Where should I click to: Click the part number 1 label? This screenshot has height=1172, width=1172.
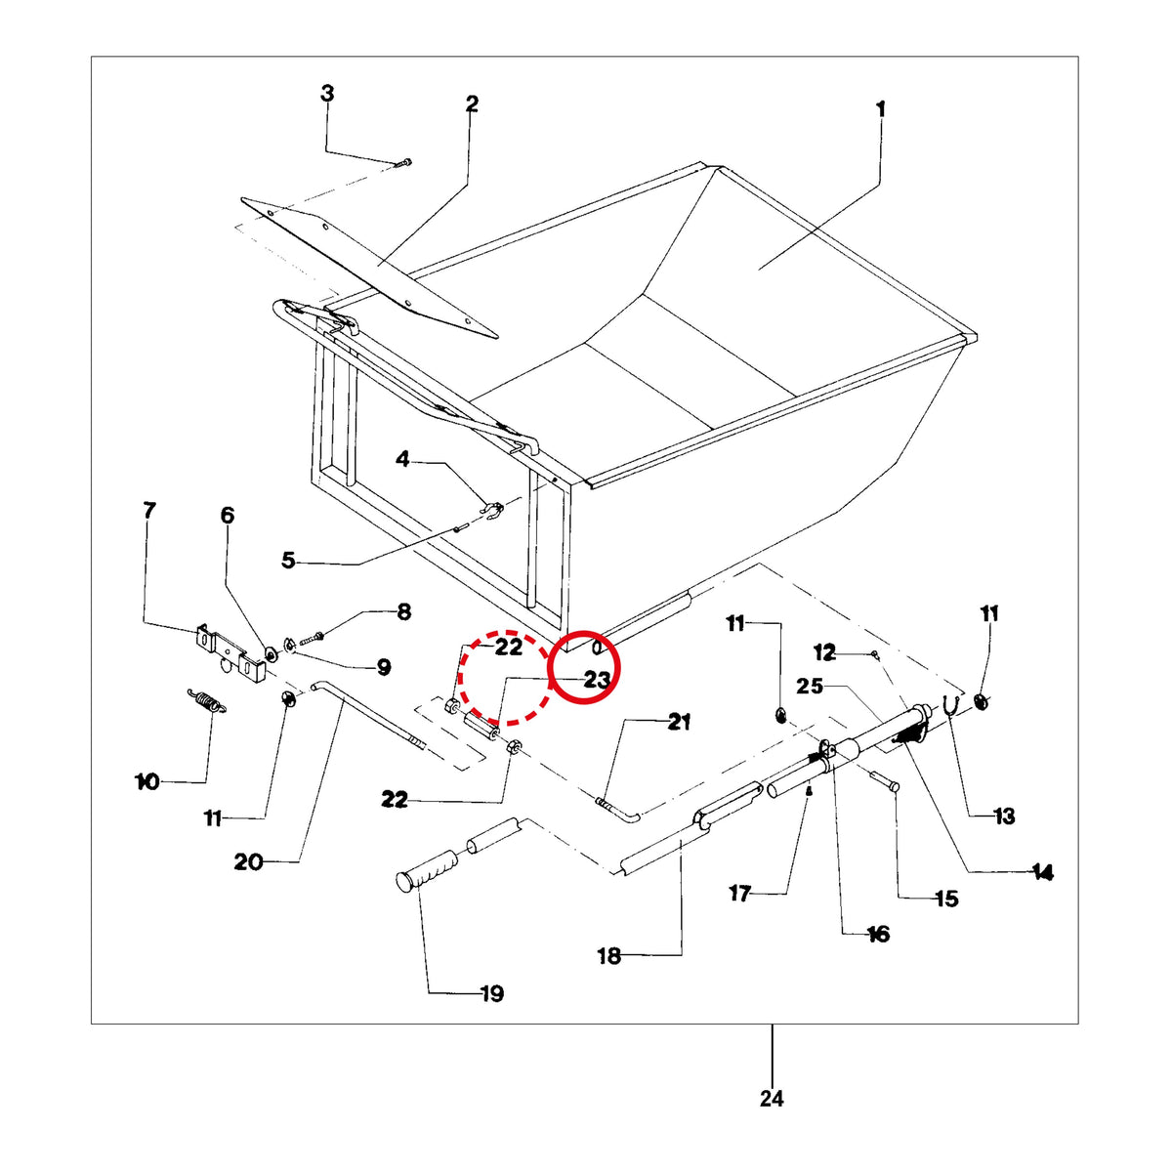tap(880, 110)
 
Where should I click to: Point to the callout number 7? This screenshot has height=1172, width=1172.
tap(149, 511)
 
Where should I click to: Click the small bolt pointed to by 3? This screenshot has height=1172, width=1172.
tap(403, 163)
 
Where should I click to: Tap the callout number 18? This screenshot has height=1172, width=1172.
tap(609, 956)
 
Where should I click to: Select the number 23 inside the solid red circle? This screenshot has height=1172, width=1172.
tap(598, 680)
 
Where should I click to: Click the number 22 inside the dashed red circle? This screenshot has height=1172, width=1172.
tap(509, 648)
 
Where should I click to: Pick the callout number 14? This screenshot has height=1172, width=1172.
tap(1042, 873)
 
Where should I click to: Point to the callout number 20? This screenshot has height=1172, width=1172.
tap(248, 861)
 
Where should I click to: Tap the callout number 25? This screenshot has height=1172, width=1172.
tap(810, 686)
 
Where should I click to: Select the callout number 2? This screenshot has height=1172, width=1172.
tap(472, 104)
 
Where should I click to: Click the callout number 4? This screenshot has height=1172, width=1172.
tap(402, 459)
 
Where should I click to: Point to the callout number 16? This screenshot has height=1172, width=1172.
tap(878, 934)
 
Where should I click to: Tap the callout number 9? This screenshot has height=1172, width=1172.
tap(384, 668)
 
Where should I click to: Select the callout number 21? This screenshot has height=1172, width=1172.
tap(680, 722)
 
